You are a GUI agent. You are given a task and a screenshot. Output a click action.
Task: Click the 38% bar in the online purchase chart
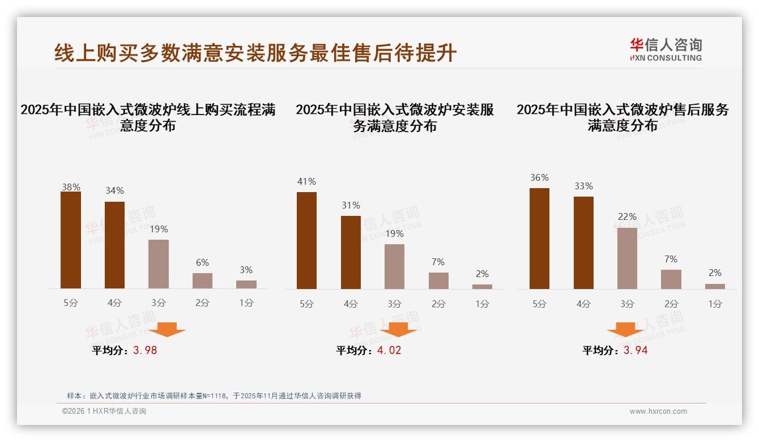coord(71,240)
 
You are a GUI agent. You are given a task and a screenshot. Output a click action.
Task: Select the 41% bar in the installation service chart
coord(306,240)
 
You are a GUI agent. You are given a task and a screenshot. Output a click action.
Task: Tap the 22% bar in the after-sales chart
coord(627,258)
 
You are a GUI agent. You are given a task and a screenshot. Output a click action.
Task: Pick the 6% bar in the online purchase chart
coord(202,281)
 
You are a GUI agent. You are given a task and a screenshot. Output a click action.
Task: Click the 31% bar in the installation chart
coord(351,252)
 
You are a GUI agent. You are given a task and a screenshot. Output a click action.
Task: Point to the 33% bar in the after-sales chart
coord(583,243)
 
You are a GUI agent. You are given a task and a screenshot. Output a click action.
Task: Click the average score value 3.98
coord(145,350)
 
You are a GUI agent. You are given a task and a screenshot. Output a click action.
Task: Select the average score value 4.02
coord(389,350)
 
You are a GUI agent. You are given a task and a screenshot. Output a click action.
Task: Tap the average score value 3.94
coord(636,350)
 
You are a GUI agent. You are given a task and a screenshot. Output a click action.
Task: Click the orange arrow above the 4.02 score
coord(398,330)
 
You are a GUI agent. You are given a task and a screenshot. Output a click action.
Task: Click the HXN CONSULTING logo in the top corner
coord(666,50)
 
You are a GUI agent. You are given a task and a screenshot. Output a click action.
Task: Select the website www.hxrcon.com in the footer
coord(658,411)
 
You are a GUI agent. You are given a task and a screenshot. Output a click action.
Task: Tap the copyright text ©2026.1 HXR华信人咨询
coord(104,411)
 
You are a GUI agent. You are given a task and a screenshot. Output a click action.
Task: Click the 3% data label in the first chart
coord(246,270)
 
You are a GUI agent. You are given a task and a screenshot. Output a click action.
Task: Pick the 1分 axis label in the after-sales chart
coord(715,304)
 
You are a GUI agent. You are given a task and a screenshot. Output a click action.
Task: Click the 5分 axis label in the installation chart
coord(306,304)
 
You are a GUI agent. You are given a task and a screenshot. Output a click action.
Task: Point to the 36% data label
coord(539,178)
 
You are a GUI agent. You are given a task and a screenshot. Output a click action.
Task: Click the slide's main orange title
coord(255,53)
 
